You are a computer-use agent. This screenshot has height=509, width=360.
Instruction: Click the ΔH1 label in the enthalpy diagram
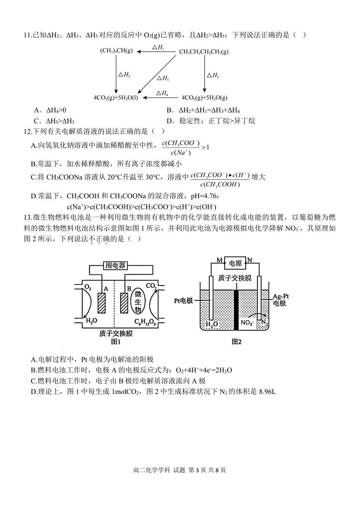pyautogui.click(x=158, y=47)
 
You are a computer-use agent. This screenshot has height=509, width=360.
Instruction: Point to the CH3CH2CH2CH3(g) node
pyautogui.click(x=204, y=52)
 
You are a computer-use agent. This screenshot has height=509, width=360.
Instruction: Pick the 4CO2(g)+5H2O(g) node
pyautogui.click(x=204, y=98)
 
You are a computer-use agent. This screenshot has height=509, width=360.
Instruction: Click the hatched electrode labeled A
pyautogui.click(x=101, y=303)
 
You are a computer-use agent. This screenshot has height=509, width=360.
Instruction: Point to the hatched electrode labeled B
pyautogui.click(x=123, y=303)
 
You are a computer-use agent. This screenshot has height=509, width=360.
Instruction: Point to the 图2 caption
pyautogui.click(x=236, y=342)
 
